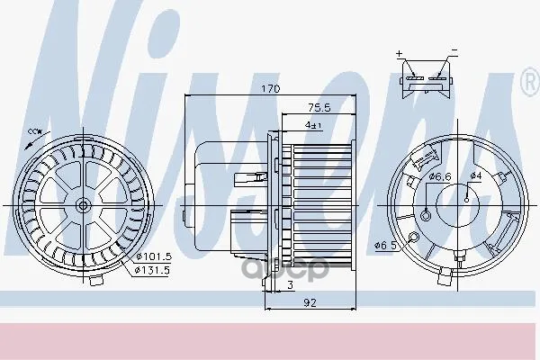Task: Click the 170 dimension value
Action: click(x=271, y=89)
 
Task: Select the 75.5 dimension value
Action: click(x=319, y=108)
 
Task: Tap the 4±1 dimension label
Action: click(x=313, y=125)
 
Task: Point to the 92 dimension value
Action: click(x=310, y=302)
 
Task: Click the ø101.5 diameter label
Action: click(x=154, y=256)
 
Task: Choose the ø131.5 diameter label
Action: click(x=152, y=270)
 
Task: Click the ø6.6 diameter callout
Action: click(x=440, y=176)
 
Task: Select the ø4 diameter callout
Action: click(x=475, y=175)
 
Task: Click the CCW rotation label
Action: click(x=35, y=131)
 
